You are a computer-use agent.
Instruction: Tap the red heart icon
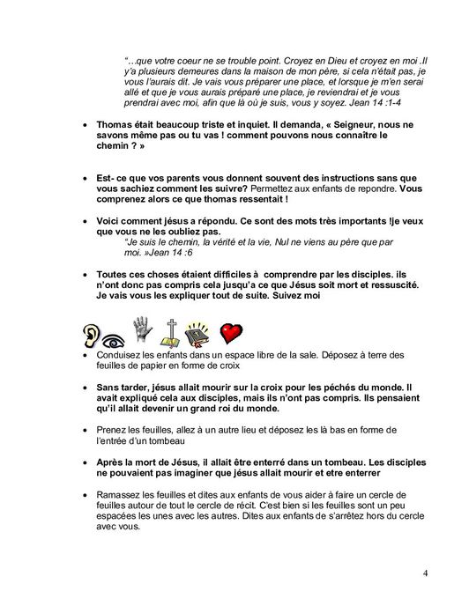[x=231, y=333]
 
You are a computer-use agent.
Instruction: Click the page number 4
[x=425, y=574]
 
